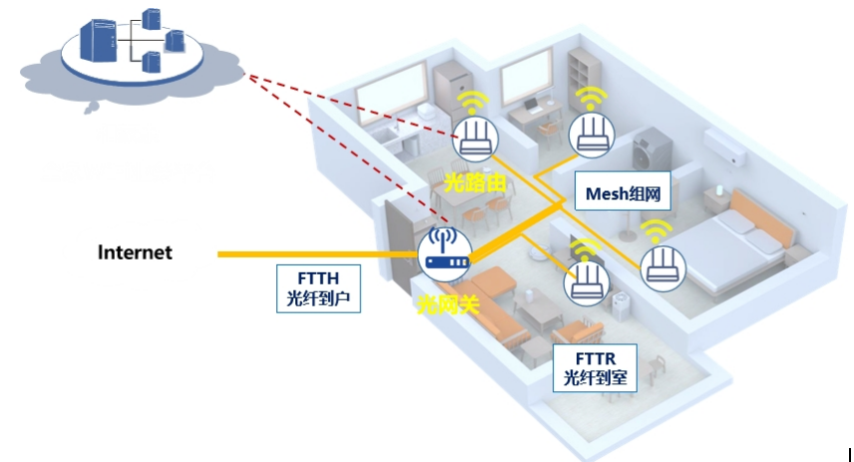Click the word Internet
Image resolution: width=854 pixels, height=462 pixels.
click(x=135, y=252)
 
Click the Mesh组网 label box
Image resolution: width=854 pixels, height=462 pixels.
click(x=624, y=193)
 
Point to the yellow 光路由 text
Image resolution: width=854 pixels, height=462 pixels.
click(x=476, y=182)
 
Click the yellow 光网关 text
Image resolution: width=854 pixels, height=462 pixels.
click(x=447, y=303)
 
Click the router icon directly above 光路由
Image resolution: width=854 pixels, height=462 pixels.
click(x=474, y=139)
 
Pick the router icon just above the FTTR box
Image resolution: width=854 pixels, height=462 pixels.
click(x=587, y=282)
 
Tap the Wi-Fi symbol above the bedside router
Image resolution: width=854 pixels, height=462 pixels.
click(x=654, y=231)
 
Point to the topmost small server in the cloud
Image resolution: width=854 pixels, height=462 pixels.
click(x=153, y=19)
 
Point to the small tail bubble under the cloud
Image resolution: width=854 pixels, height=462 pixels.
click(x=92, y=104)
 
